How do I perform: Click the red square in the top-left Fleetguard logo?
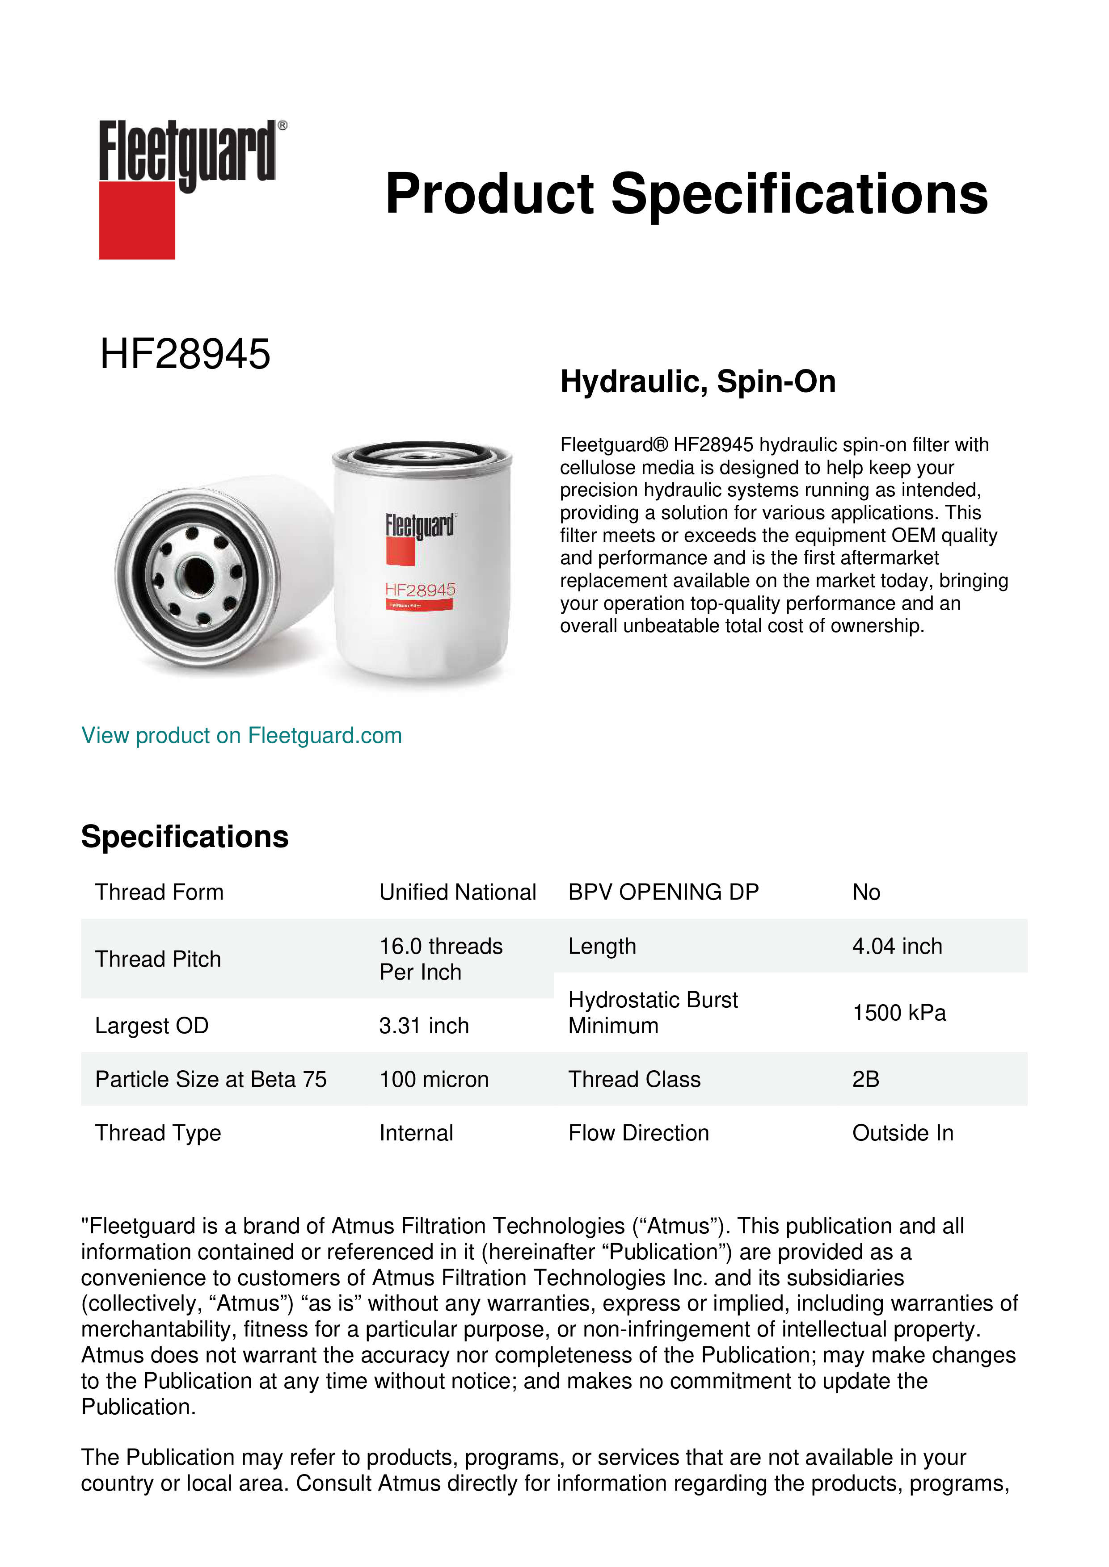(x=137, y=221)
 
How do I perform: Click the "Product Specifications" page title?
(x=686, y=194)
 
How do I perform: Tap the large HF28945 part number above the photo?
(x=185, y=354)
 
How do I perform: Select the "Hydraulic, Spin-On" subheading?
(x=698, y=381)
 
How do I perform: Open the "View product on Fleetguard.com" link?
(x=242, y=736)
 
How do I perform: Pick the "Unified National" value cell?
(x=458, y=892)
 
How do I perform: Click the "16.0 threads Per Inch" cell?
(x=441, y=959)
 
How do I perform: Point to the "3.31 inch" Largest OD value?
(x=424, y=1026)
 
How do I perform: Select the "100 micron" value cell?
(x=434, y=1079)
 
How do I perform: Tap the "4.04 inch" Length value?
(x=897, y=946)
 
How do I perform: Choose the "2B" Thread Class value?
(x=866, y=1079)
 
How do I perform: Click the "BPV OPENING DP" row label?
(x=663, y=892)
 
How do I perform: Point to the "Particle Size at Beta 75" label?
(x=211, y=1079)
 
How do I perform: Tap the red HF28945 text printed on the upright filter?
(x=420, y=590)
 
